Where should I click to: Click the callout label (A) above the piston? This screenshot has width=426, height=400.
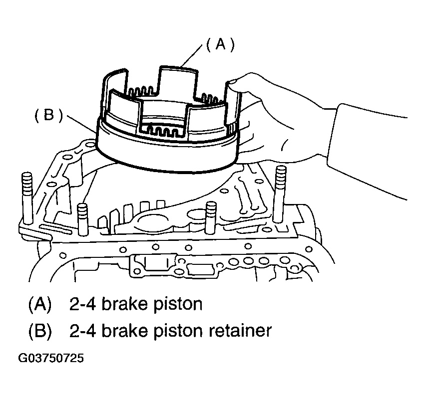[220, 45]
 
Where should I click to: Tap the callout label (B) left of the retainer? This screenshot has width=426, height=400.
[48, 116]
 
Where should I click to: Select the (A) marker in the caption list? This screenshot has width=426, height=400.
[40, 304]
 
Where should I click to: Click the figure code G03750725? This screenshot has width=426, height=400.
[51, 359]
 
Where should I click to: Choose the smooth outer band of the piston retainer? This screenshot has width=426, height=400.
[165, 150]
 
